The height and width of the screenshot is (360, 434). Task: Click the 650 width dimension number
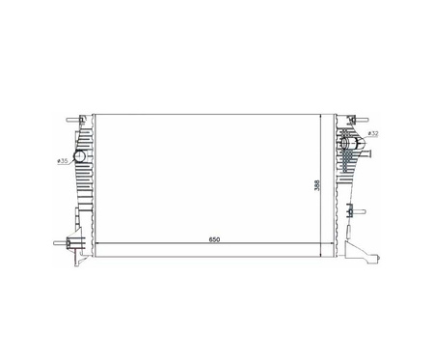[214, 239]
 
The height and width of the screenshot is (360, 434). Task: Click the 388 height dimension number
[317, 185]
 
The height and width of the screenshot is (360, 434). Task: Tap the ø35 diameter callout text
[63, 161]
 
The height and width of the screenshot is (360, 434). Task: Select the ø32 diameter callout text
[373, 133]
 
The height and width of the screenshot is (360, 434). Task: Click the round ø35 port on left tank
[79, 156]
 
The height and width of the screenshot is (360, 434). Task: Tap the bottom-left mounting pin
[61, 243]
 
